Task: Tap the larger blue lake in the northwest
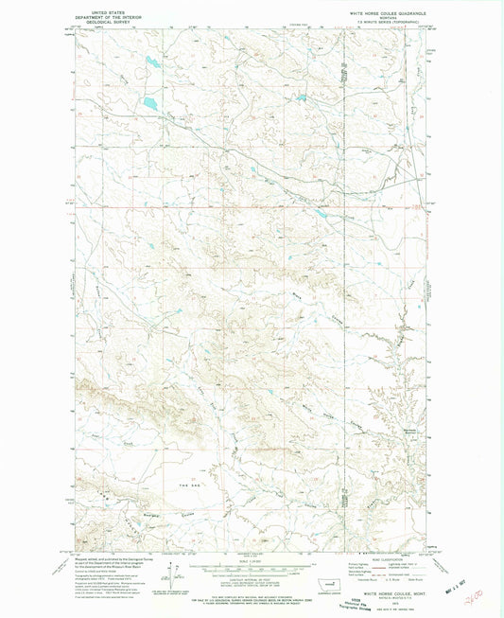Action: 148,101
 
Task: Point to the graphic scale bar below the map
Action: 252,568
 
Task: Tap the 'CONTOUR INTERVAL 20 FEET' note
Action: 252,579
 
